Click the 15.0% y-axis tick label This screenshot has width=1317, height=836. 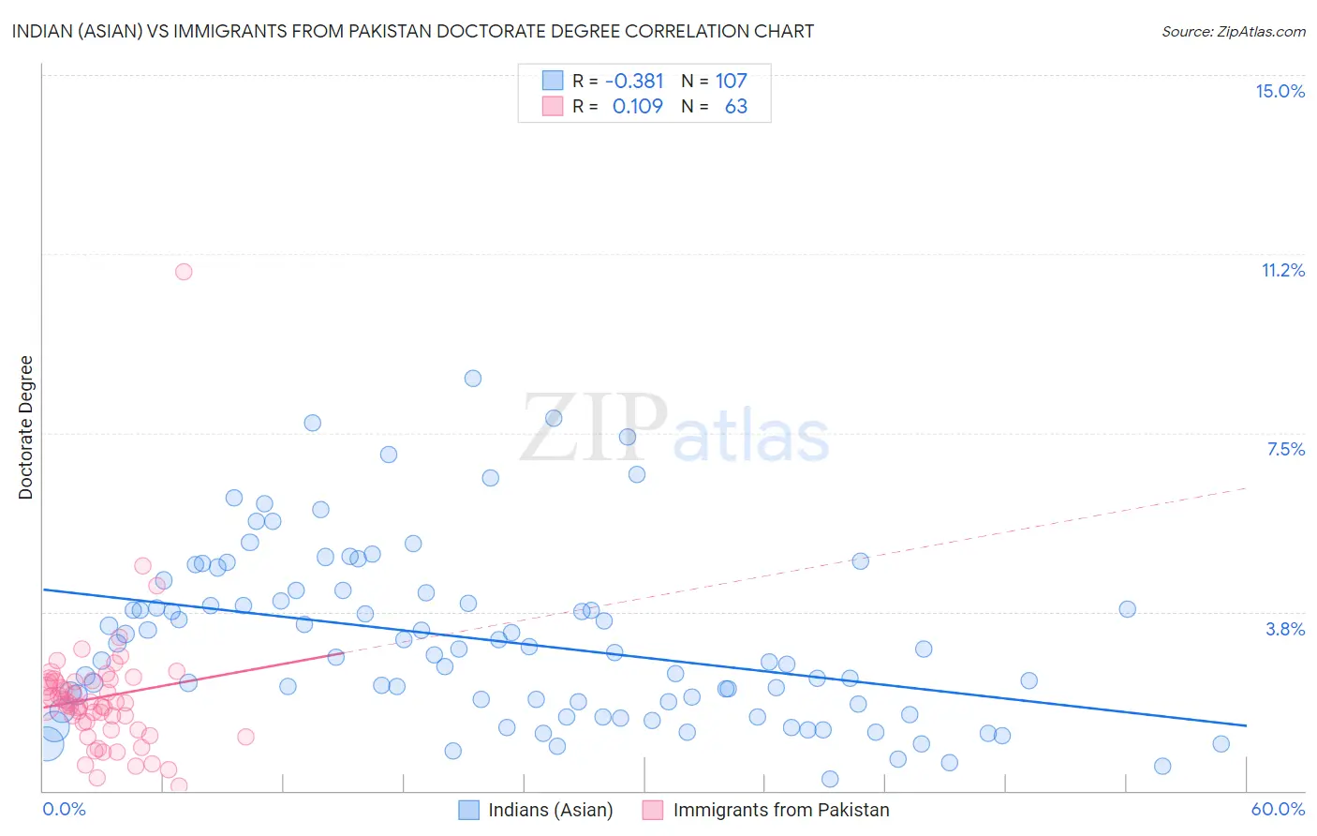coord(1280,91)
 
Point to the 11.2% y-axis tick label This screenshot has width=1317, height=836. coord(1282,270)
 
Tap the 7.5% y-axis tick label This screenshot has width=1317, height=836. coord(1285,449)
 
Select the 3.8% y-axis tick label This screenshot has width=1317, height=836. coord(1285,629)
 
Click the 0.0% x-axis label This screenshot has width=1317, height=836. coord(64,809)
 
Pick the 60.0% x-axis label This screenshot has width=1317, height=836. coord(1278,809)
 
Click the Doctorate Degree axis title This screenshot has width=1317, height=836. coord(25,427)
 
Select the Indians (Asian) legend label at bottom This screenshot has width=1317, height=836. coord(551,810)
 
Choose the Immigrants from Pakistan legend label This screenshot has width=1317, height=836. coord(781,810)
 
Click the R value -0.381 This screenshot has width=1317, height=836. coord(634,82)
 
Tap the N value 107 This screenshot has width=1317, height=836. coord(732,82)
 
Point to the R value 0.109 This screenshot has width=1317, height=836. coord(637,107)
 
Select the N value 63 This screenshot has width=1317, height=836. coord(736,107)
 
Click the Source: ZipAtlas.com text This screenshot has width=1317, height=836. coord(1233,32)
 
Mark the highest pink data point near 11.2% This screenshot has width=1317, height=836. coord(184,272)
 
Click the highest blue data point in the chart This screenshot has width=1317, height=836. coord(473,379)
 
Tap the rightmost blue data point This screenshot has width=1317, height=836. coord(1221,744)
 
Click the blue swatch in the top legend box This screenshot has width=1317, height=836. coord(553,82)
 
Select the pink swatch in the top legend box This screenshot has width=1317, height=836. coord(553,107)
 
